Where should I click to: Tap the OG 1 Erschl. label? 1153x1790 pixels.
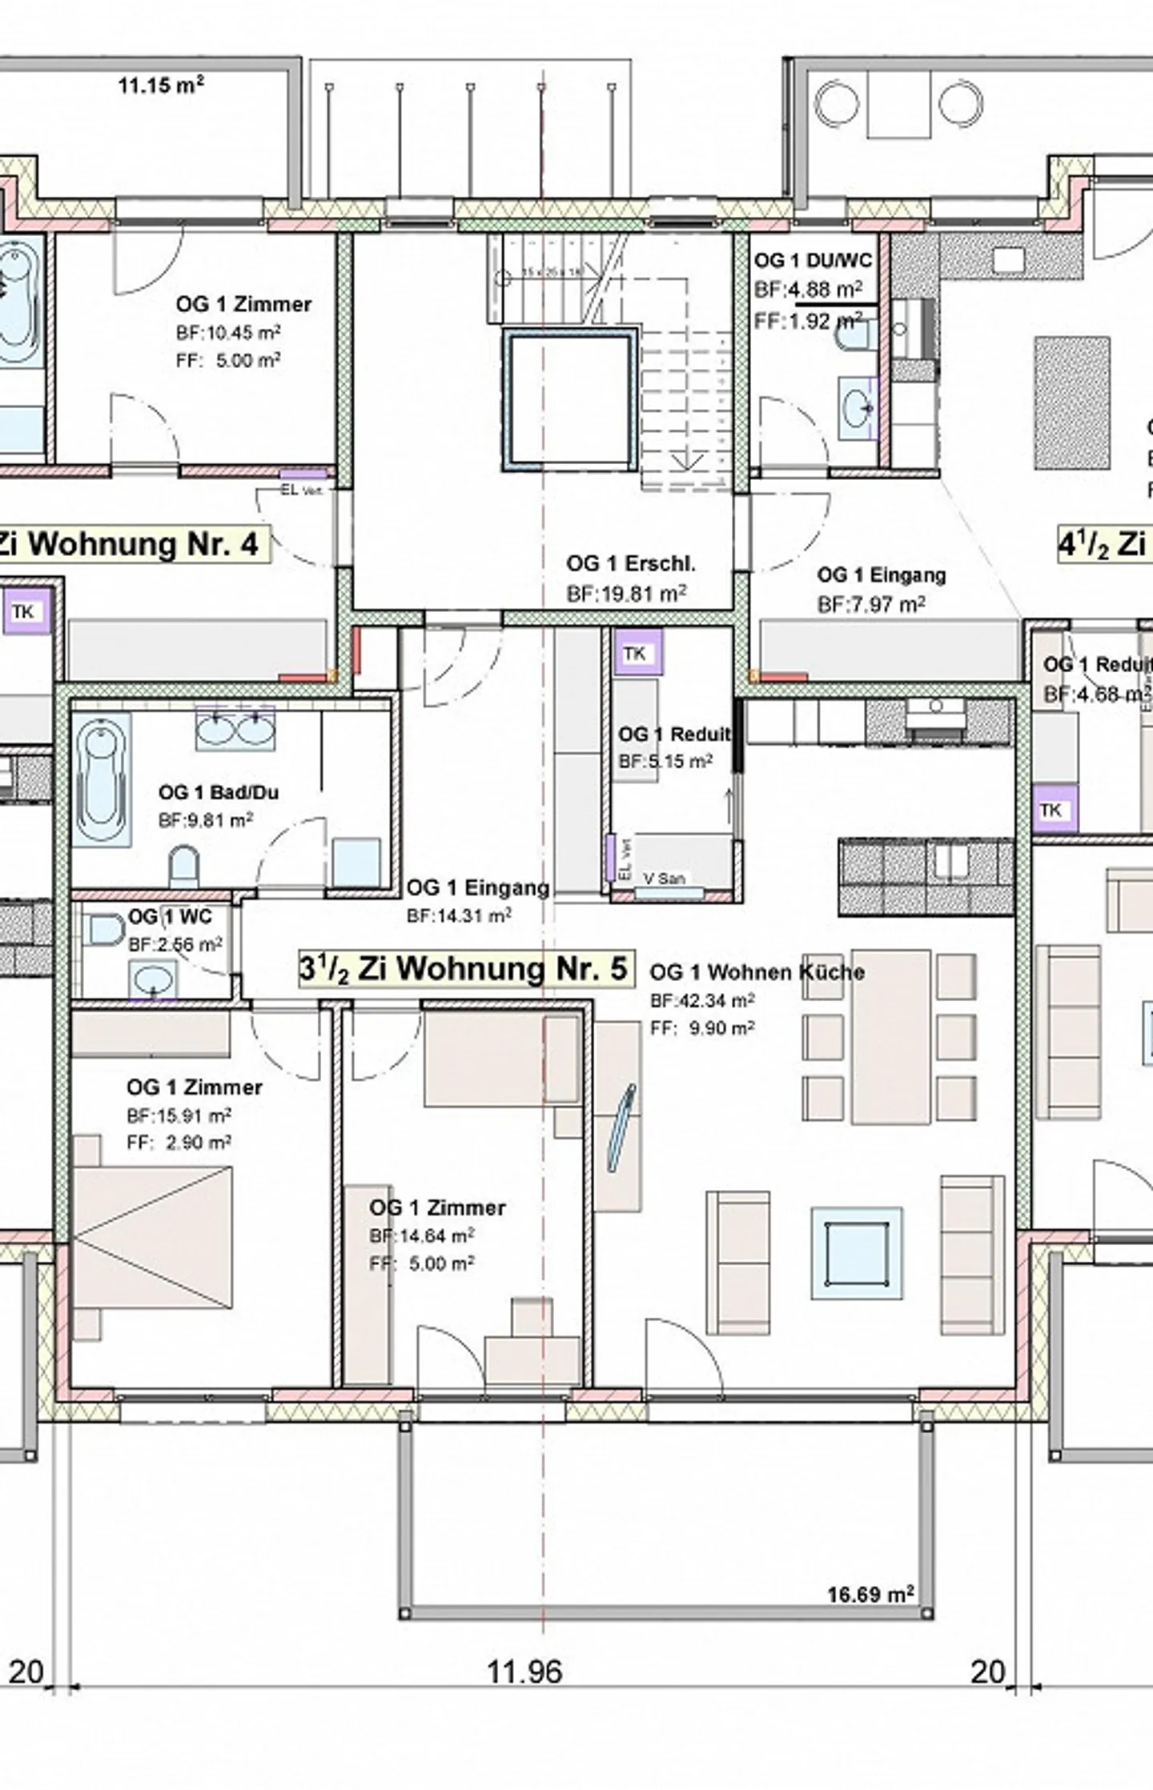point(630,563)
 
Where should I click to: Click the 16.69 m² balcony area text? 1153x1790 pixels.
point(870,1595)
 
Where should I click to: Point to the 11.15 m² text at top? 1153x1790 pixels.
point(160,85)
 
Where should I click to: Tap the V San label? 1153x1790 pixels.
point(664,878)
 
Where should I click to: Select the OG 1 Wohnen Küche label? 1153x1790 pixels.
point(756,972)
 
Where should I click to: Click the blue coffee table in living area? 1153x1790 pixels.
point(856,1253)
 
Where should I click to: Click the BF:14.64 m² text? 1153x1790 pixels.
point(421,1235)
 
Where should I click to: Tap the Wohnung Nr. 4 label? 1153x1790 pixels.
point(132,544)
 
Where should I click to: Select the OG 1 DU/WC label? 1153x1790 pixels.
point(812,261)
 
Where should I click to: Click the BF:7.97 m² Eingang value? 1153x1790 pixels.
point(870,604)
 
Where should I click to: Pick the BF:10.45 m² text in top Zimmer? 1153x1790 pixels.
point(228,332)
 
